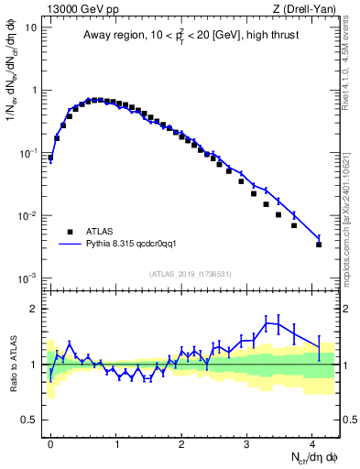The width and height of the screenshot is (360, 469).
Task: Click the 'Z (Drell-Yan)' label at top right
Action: (x=307, y=8)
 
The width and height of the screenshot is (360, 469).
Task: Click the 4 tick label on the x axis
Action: (x=312, y=442)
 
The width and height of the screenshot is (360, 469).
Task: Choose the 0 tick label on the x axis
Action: (x=50, y=442)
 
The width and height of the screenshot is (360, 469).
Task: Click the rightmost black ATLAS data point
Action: (x=319, y=245)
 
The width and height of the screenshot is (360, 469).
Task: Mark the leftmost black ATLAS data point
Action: (x=50, y=158)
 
